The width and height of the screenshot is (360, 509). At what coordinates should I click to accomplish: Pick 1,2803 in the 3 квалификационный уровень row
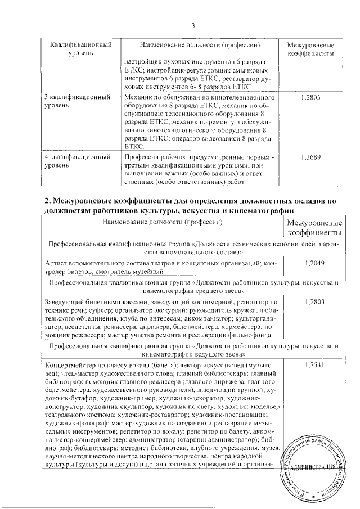[x=310, y=97]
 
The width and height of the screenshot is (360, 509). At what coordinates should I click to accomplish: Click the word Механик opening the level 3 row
[x=136, y=97]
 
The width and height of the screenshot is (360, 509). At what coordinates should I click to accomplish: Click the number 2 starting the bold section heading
[x=47, y=200]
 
